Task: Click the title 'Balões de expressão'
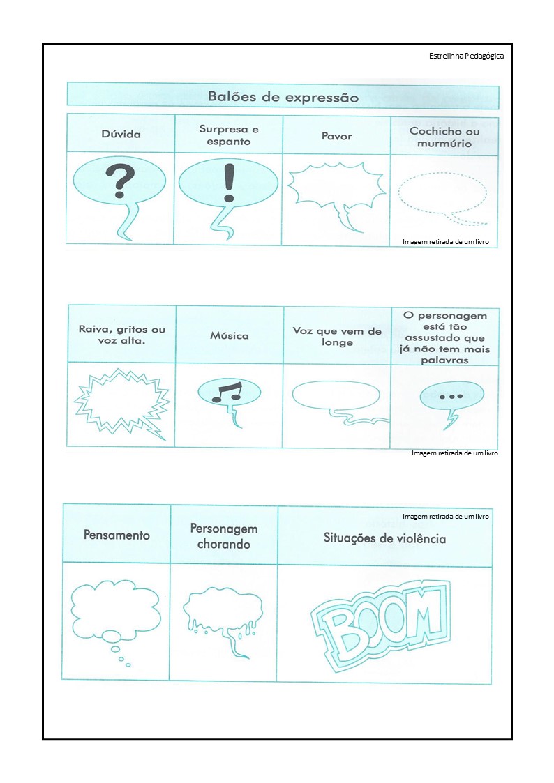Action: [283, 97]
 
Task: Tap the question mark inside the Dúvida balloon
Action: [119, 181]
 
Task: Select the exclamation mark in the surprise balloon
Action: [228, 183]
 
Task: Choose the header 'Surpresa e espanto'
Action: [229, 135]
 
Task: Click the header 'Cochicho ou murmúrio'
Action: [444, 137]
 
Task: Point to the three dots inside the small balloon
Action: [451, 397]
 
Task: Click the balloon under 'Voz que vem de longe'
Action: [336, 395]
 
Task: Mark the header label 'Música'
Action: [230, 335]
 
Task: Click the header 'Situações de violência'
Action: [384, 538]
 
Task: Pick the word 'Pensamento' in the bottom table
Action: [117, 535]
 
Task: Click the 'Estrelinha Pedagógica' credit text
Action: [466, 56]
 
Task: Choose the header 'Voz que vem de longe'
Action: [337, 337]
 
